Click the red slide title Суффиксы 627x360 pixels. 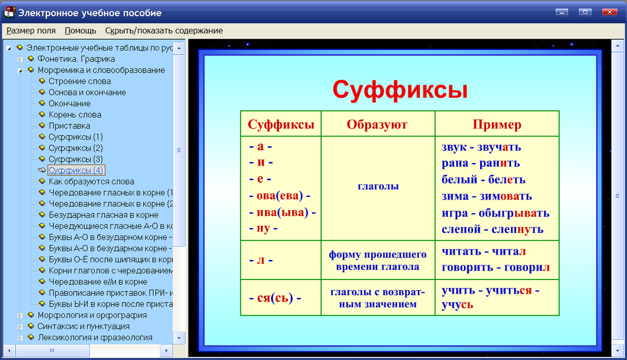point(400,90)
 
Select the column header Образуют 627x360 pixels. point(377,124)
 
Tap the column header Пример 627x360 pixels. point(496,124)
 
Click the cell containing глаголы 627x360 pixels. point(378,187)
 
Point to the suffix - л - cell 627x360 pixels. point(261,260)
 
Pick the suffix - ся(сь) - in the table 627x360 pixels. point(275,297)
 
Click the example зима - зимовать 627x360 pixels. point(486,196)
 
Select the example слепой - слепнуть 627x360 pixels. point(492,229)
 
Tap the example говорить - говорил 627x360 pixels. point(495,267)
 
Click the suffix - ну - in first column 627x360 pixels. point(263,228)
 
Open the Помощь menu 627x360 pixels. point(80,30)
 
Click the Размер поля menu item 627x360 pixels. point(31,30)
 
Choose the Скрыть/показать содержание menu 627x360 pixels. point(164,30)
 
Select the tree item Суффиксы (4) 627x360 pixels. point(76,170)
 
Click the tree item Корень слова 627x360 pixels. point(75,114)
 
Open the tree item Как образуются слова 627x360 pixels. point(91,181)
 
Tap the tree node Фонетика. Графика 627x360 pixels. point(76,59)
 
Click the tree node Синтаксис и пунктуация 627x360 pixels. point(83,326)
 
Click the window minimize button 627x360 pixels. point(562,12)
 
